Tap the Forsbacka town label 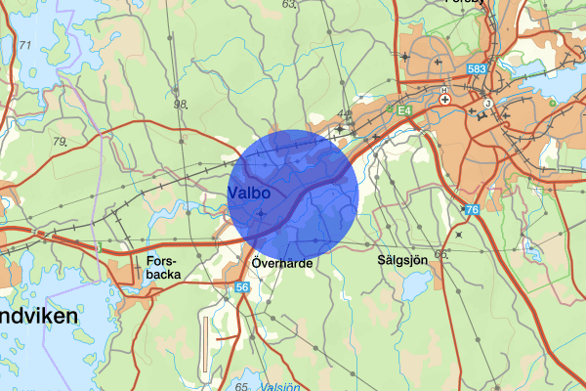(x=162, y=269)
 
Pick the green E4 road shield (x=403, y=111)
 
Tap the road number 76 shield (x=472, y=210)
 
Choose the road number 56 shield (x=243, y=286)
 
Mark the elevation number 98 (x=180, y=105)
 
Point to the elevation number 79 (x=61, y=143)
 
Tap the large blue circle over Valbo (x=296, y=193)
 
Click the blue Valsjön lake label (x=281, y=386)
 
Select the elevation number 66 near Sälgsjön (x=440, y=255)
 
